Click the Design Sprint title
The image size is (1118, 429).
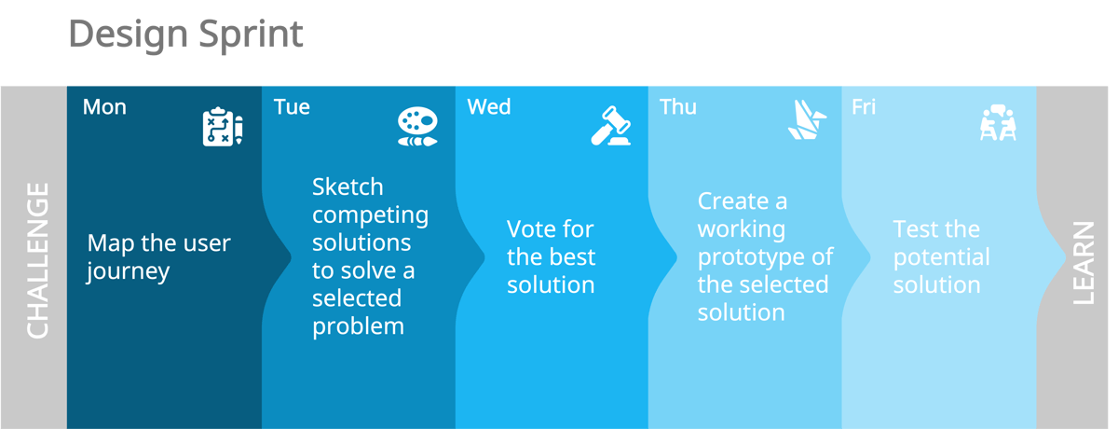(185, 35)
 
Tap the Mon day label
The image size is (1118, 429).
(104, 107)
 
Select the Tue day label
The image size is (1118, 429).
(292, 107)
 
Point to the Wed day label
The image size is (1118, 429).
(489, 107)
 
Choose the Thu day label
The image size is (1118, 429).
(678, 107)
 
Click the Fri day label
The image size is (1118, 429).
(864, 107)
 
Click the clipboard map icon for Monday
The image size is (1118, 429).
(223, 127)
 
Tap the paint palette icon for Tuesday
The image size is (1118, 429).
(416, 127)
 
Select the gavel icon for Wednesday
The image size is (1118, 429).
(610, 127)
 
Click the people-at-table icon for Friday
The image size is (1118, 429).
(997, 123)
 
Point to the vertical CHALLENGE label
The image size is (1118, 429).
(37, 260)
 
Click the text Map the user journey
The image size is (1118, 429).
(158, 257)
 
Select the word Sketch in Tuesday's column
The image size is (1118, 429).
(348, 187)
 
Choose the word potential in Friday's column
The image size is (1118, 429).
(941, 257)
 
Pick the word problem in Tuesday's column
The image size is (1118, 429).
(358, 326)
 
